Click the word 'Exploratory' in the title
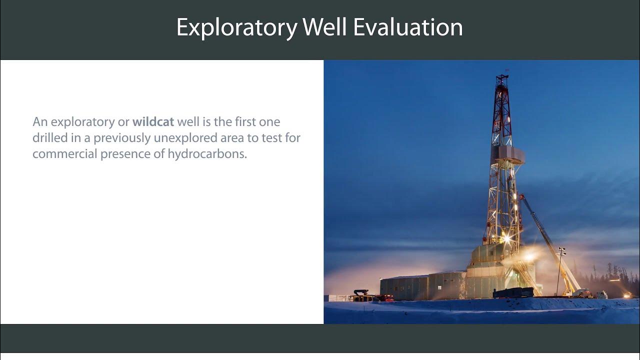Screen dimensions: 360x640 pyautogui.click(x=236, y=27)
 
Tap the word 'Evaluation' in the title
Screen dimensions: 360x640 pyautogui.click(x=408, y=27)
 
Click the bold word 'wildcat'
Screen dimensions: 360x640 pyautogui.click(x=153, y=121)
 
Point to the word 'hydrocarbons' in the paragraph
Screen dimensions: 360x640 pyautogui.click(x=214, y=154)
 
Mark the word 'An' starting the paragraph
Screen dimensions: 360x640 pyautogui.click(x=39, y=121)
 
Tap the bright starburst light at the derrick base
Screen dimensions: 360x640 pyautogui.click(x=506, y=238)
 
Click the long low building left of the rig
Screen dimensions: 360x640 pyautogui.click(x=405, y=287)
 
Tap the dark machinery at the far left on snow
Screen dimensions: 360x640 pyautogui.click(x=361, y=294)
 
